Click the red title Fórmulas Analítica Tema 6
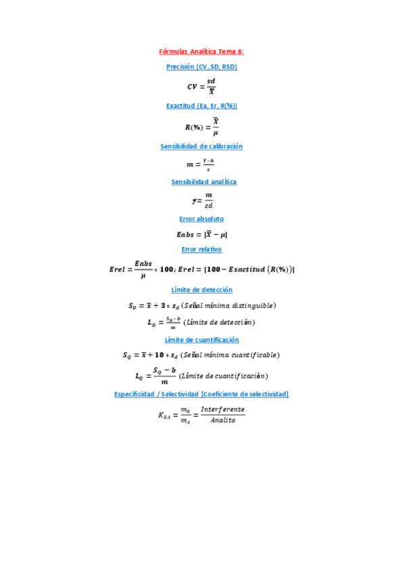[x=201, y=51]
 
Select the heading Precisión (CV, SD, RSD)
[x=201, y=67]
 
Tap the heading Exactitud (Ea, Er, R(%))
[x=201, y=106]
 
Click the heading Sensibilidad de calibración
[x=201, y=147]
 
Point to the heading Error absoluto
[x=201, y=219]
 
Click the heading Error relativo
[x=201, y=250]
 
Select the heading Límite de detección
[x=201, y=290]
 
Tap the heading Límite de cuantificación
[x=201, y=340]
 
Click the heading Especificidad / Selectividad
[x=201, y=394]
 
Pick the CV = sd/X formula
[x=201, y=86]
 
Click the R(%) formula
[x=201, y=127]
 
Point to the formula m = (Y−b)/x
[x=201, y=164]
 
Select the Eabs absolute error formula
[x=201, y=235]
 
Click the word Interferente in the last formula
[x=222, y=410]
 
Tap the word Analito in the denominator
[x=222, y=420]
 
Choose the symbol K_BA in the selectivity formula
[x=166, y=416]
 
